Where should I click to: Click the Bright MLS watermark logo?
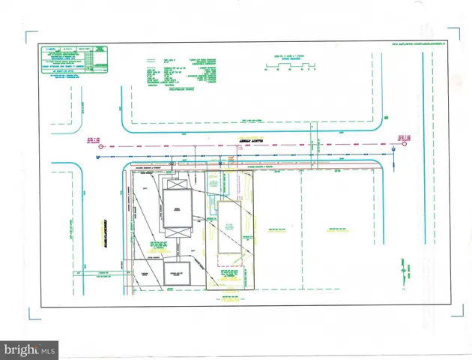(30, 349)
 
